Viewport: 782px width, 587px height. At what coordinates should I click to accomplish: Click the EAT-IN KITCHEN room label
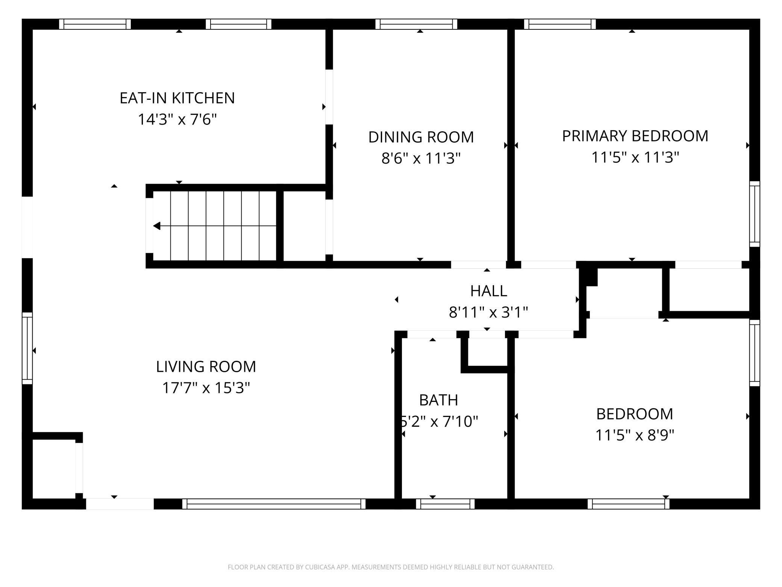coord(177,98)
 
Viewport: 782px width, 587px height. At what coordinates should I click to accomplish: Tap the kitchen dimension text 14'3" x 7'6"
coord(177,120)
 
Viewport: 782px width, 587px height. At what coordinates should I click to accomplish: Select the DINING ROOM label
coord(421,137)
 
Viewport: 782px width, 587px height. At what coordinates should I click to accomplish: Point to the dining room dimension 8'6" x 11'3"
coord(421,158)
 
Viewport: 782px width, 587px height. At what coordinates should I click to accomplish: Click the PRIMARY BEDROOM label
coord(635,136)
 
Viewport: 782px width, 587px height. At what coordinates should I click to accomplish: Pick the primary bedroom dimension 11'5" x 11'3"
coord(635,157)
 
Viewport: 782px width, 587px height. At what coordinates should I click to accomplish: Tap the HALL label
coord(488,291)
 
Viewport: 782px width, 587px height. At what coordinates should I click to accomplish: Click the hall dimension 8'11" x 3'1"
coord(488,312)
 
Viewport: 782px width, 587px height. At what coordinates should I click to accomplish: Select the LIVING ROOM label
coord(206,366)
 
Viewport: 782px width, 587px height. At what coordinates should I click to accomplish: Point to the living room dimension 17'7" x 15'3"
coord(206,388)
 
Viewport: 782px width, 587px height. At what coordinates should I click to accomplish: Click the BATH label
coord(438,400)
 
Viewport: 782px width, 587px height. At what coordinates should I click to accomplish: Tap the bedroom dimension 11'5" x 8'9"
coord(635,435)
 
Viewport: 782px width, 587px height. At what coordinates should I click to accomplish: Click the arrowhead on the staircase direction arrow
coord(157,226)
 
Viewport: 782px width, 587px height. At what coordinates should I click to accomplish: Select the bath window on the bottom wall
coord(445,503)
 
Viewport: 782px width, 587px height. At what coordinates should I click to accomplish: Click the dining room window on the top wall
coord(416,24)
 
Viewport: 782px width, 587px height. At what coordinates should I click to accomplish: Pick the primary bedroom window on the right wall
coord(755,214)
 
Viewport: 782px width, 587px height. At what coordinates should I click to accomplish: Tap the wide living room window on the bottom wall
coord(274,503)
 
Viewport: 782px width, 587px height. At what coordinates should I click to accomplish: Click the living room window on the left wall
coord(27,348)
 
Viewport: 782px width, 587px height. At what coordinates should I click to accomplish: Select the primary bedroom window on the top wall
coord(560,24)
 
